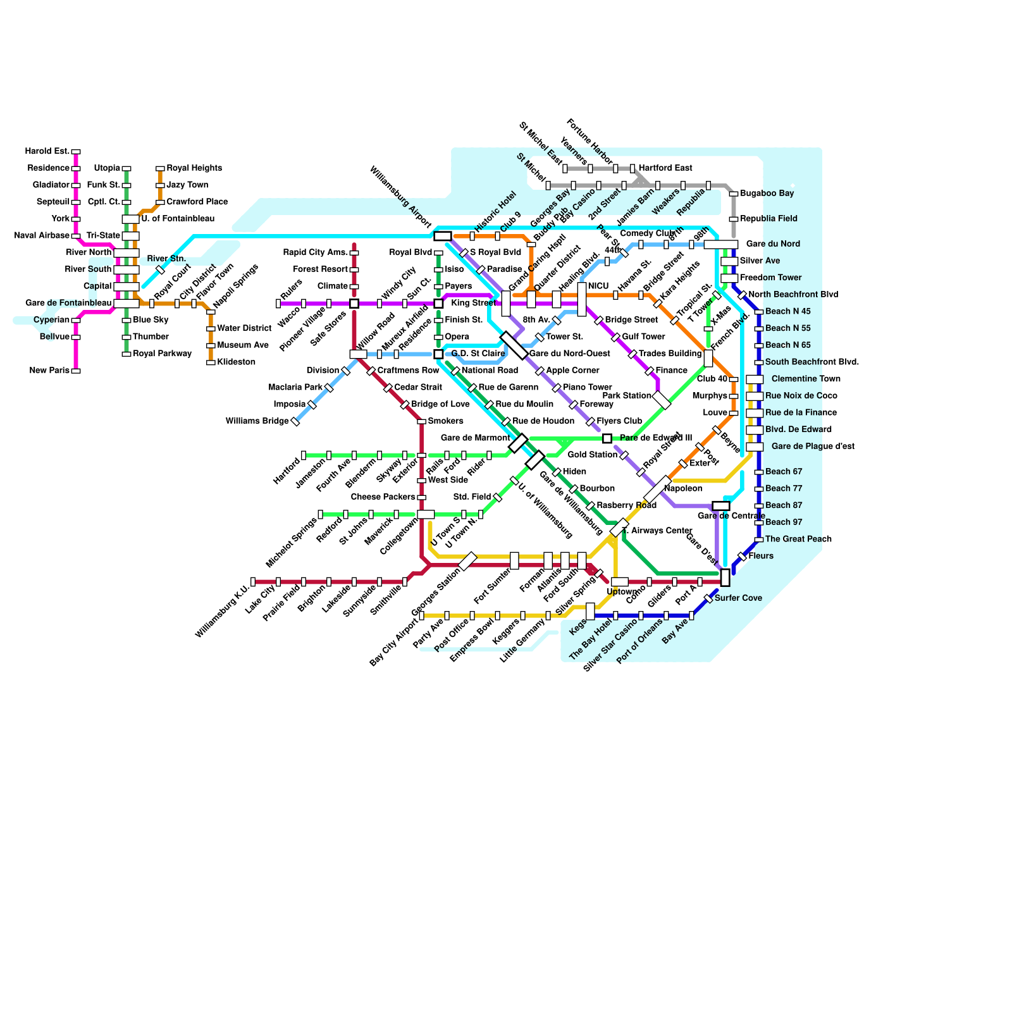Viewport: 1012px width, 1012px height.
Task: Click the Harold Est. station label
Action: pyautogui.click(x=47, y=151)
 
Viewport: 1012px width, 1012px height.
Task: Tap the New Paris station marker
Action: pyautogui.click(x=76, y=371)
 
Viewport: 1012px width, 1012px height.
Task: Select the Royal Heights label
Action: pyautogui.click(x=194, y=168)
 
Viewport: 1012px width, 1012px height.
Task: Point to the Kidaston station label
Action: pyautogui.click(x=236, y=362)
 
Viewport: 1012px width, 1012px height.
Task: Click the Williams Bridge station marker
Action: pyautogui.click(x=295, y=421)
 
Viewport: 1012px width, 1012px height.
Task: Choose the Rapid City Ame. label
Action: pyautogui.click(x=316, y=252)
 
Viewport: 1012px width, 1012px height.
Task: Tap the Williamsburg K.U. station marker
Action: pyautogui.click(x=253, y=582)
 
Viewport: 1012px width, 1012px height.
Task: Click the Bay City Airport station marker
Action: pyautogui.click(x=422, y=615)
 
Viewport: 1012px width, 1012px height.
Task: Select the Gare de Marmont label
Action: pyautogui.click(x=475, y=438)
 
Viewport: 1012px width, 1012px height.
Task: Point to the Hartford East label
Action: pyautogui.click(x=665, y=168)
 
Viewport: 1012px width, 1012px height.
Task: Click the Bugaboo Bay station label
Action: pyautogui.click(x=767, y=194)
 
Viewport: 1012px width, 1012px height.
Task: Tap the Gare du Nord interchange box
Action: pyautogui.click(x=721, y=244)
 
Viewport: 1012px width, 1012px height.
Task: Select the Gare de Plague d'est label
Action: pyautogui.click(x=813, y=447)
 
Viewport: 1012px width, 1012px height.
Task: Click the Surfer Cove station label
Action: pyautogui.click(x=738, y=598)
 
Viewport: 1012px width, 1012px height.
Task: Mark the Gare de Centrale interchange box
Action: pyautogui.click(x=721, y=506)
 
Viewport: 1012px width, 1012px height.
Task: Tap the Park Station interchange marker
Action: pyautogui.click(x=662, y=400)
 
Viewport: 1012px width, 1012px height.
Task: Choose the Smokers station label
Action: pyautogui.click(x=445, y=421)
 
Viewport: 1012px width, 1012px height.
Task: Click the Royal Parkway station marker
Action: pyautogui.click(x=126, y=354)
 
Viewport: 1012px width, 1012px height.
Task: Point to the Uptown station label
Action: pyautogui.click(x=622, y=592)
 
